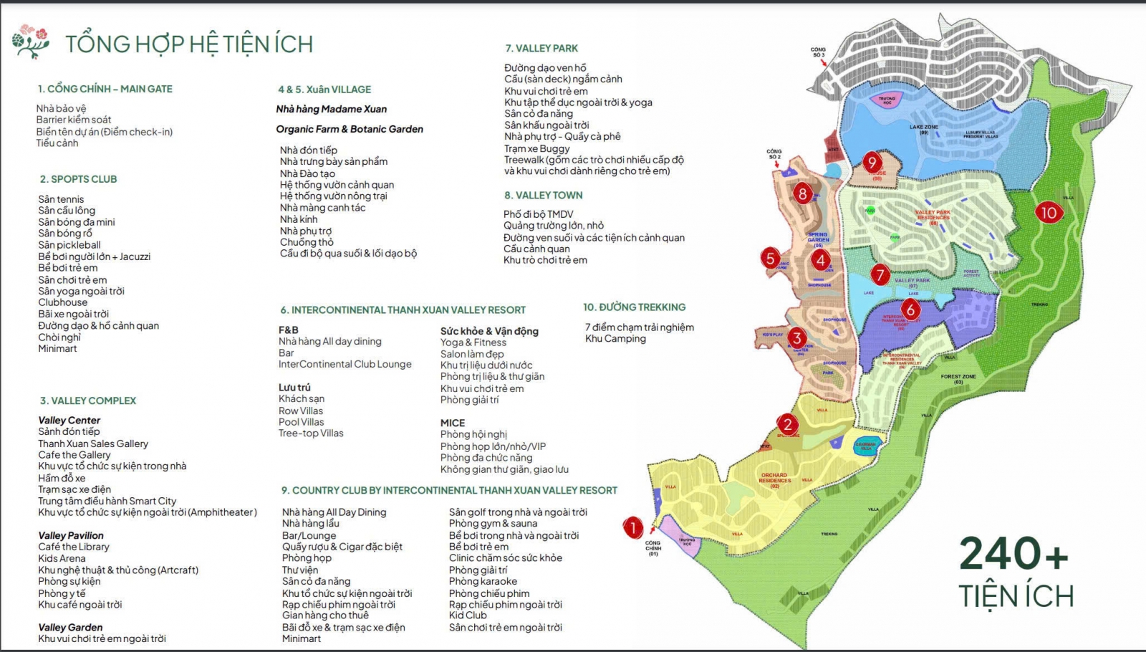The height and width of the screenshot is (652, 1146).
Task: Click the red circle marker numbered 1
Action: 633,528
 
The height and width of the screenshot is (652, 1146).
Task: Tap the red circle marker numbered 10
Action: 1049,213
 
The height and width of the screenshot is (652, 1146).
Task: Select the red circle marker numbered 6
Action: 910,310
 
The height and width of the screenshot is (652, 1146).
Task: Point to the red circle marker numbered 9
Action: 872,163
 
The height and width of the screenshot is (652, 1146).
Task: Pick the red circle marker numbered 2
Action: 788,424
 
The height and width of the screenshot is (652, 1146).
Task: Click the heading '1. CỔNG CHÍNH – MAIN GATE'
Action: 105,89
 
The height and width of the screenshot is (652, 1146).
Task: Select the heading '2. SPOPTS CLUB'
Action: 78,179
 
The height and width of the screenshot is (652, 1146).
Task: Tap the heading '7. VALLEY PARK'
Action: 541,48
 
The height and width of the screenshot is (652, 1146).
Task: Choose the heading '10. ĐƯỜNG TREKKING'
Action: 634,307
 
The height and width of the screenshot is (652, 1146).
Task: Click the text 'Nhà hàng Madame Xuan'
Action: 331,109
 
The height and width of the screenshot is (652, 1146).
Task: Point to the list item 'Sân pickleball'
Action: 69,244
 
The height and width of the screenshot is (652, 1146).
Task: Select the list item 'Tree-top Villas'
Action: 311,433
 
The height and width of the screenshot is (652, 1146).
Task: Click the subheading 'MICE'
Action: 453,423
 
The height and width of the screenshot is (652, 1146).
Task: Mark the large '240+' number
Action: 1013,554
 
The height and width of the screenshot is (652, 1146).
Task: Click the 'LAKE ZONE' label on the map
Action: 923,128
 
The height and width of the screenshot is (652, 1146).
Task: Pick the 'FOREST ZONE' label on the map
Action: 958,377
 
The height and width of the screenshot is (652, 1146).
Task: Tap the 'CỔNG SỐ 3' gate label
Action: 818,52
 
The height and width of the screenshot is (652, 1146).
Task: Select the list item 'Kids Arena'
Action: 62,558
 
